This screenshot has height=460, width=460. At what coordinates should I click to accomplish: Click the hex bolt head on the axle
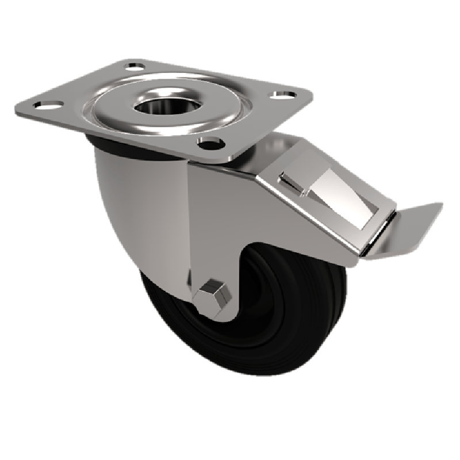(211, 293)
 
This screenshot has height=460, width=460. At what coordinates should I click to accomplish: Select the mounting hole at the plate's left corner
(43, 105)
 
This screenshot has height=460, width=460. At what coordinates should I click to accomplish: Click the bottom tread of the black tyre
(253, 368)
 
